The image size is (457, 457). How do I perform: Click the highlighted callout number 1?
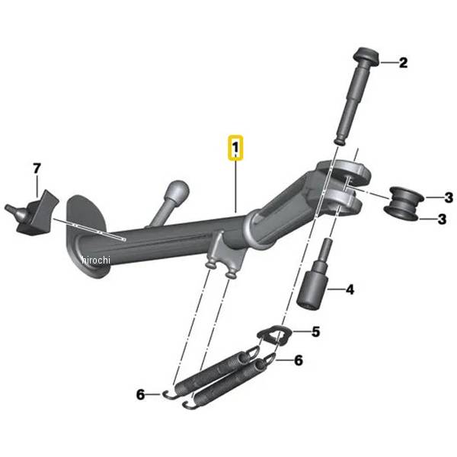(x=235, y=147)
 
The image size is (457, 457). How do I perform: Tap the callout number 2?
(x=403, y=62)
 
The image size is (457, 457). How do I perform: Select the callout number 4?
(x=350, y=289)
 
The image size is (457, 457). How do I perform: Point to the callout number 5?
(x=315, y=331)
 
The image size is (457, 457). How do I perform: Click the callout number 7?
(x=37, y=169)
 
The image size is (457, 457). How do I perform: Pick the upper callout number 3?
(x=449, y=197)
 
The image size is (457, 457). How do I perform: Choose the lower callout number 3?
(x=442, y=219)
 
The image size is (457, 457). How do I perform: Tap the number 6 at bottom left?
(x=140, y=395)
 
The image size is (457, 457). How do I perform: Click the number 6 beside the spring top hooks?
(x=299, y=360)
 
